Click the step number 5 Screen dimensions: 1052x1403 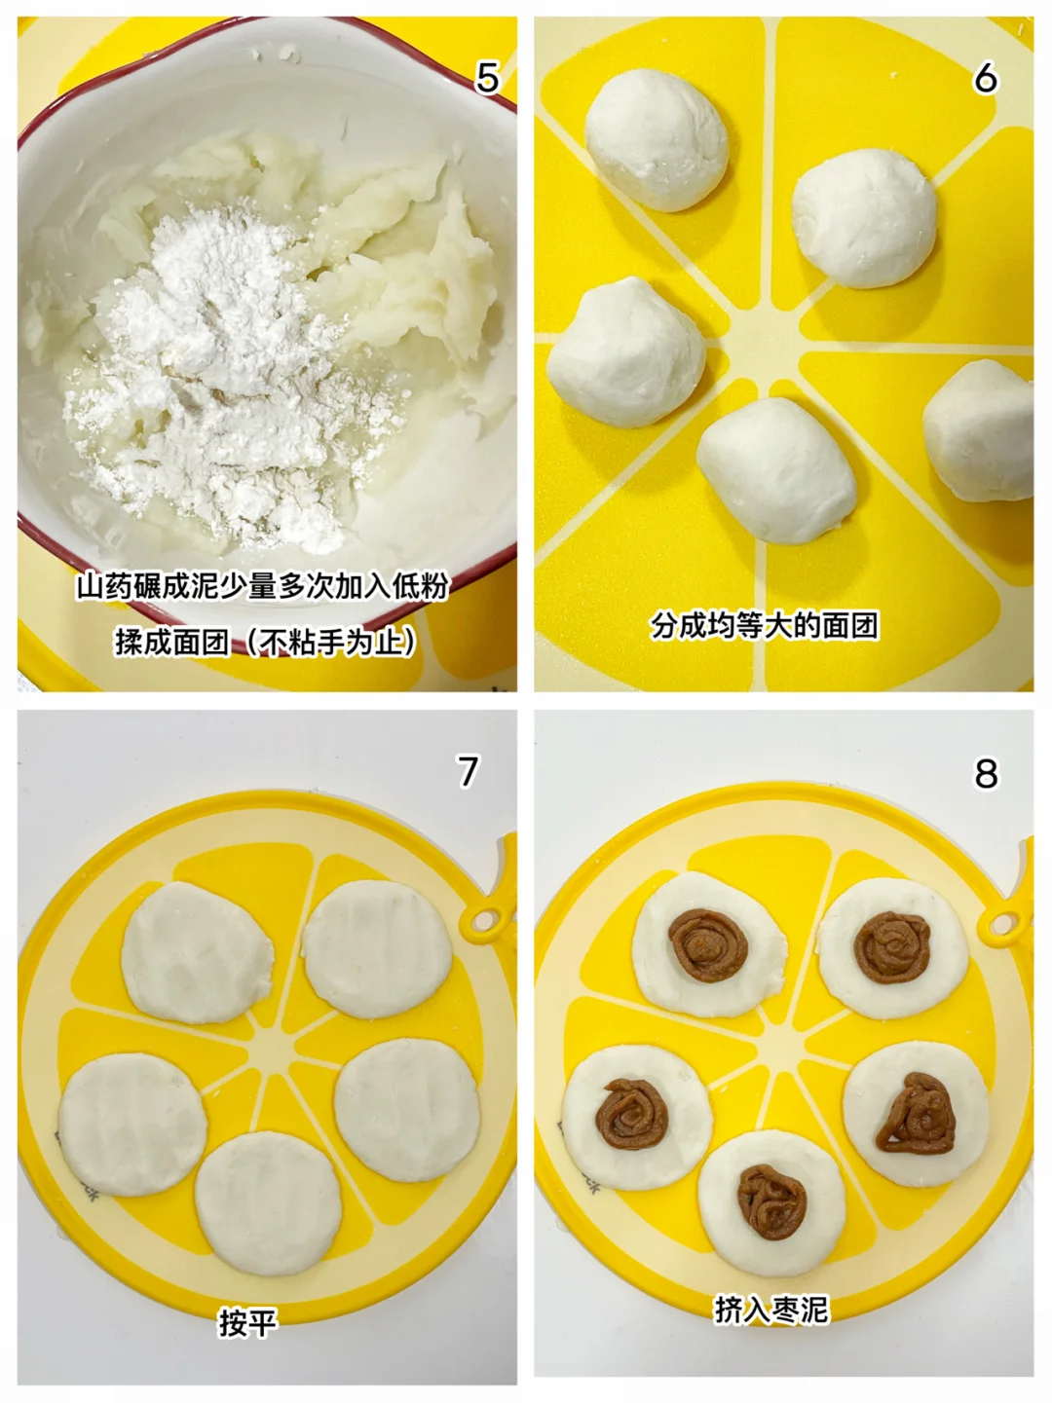(x=487, y=78)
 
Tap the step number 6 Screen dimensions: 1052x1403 (x=985, y=78)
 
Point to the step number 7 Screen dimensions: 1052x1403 (x=468, y=771)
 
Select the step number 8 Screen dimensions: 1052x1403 (x=986, y=773)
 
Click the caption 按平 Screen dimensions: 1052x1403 (x=248, y=1322)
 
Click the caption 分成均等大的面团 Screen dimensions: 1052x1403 (x=765, y=626)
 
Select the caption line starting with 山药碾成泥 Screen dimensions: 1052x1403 (x=263, y=587)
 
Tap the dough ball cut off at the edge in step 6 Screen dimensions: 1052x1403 (x=978, y=430)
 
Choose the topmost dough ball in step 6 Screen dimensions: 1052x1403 (x=657, y=140)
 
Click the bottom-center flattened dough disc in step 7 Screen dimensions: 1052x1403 (x=268, y=1203)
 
